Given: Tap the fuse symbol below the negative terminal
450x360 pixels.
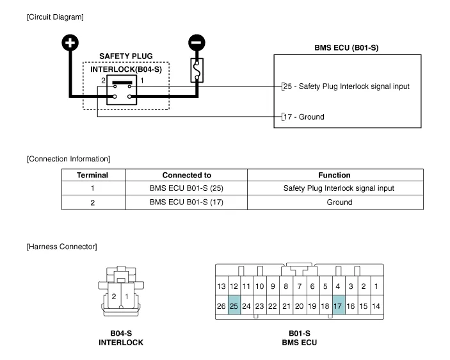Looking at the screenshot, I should [x=198, y=70].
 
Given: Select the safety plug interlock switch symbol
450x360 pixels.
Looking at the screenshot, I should [x=122, y=90].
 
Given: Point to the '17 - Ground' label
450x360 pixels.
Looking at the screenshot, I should [x=303, y=117].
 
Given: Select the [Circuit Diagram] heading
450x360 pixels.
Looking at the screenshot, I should [x=55, y=16].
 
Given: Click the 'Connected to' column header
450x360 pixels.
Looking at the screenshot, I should [x=186, y=175].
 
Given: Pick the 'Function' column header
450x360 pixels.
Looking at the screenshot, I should [x=335, y=175].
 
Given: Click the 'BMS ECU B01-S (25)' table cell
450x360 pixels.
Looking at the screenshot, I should [x=186, y=188].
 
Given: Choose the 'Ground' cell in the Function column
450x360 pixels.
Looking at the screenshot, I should [x=335, y=202].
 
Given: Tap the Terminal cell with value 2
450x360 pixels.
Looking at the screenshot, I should [x=93, y=202].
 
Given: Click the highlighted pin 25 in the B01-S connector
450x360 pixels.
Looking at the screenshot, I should [x=234, y=306].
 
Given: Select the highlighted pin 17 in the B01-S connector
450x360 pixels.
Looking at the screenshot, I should [x=337, y=306].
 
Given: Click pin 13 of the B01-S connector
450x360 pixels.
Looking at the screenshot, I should [x=221, y=286].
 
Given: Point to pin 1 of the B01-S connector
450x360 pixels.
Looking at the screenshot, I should [x=376, y=286].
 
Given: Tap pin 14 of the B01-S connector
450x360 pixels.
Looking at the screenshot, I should [x=376, y=306].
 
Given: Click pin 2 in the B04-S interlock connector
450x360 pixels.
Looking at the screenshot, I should [x=113, y=297].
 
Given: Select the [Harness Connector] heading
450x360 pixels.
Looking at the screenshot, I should [x=61, y=247].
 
